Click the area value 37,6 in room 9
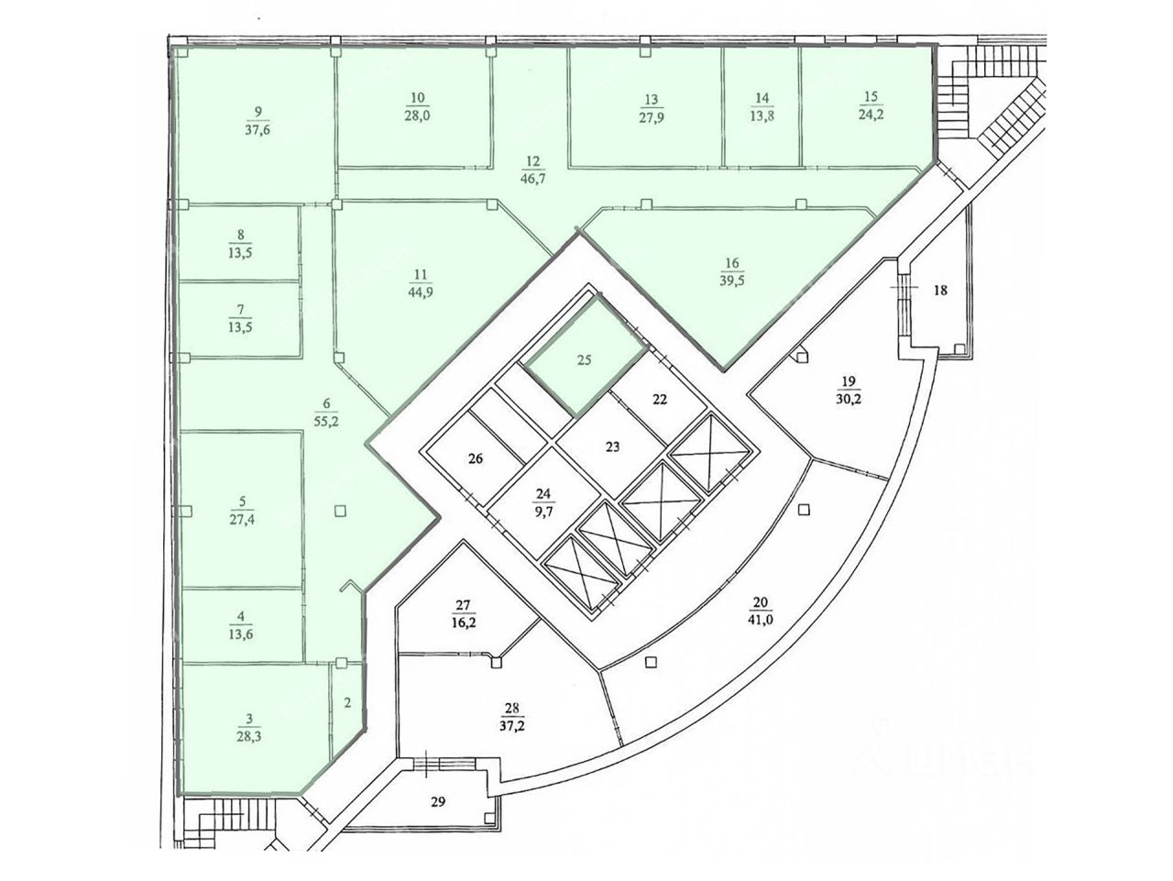coord(258,129)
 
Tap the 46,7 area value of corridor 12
coord(532,179)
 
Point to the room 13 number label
coord(652,99)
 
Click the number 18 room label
coord(939,291)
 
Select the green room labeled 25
coord(585,360)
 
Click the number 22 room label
coord(661,399)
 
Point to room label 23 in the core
coord(613,447)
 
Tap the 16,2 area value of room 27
coord(463,621)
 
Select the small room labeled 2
coord(347,704)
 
